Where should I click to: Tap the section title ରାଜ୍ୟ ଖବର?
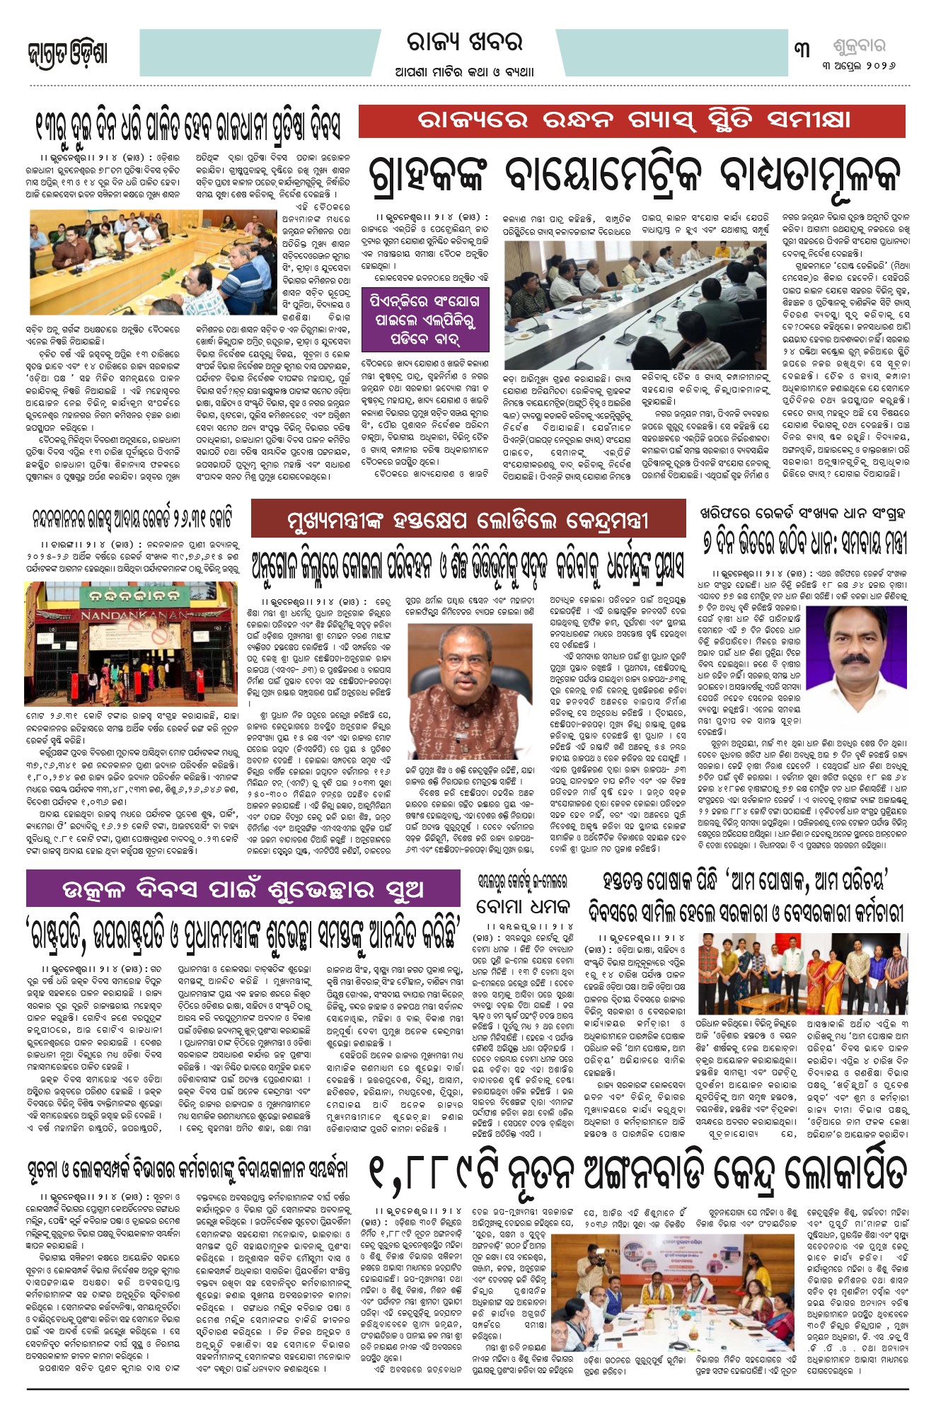[x=464, y=43]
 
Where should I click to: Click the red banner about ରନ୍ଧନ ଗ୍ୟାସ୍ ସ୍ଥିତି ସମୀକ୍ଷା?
[x=631, y=121]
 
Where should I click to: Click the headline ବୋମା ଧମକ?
[x=523, y=906]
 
